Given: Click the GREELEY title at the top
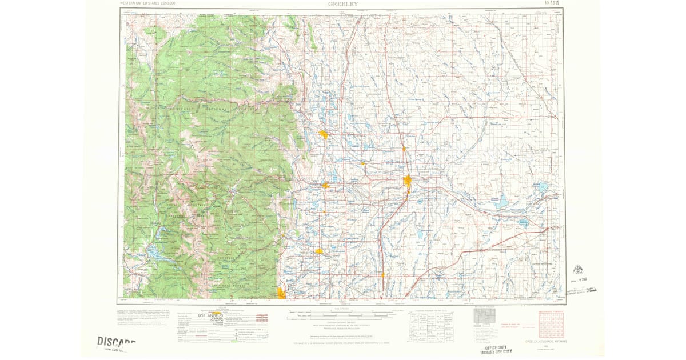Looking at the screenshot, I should tap(342, 3).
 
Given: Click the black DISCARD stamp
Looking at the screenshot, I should tap(116, 342).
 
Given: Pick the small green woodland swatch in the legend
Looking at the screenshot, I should tap(234, 341).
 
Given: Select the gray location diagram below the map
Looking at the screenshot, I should tap(481, 315).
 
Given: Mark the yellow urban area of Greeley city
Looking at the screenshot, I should tap(408, 182).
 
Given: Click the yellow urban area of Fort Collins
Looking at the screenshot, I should tap(324, 135).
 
